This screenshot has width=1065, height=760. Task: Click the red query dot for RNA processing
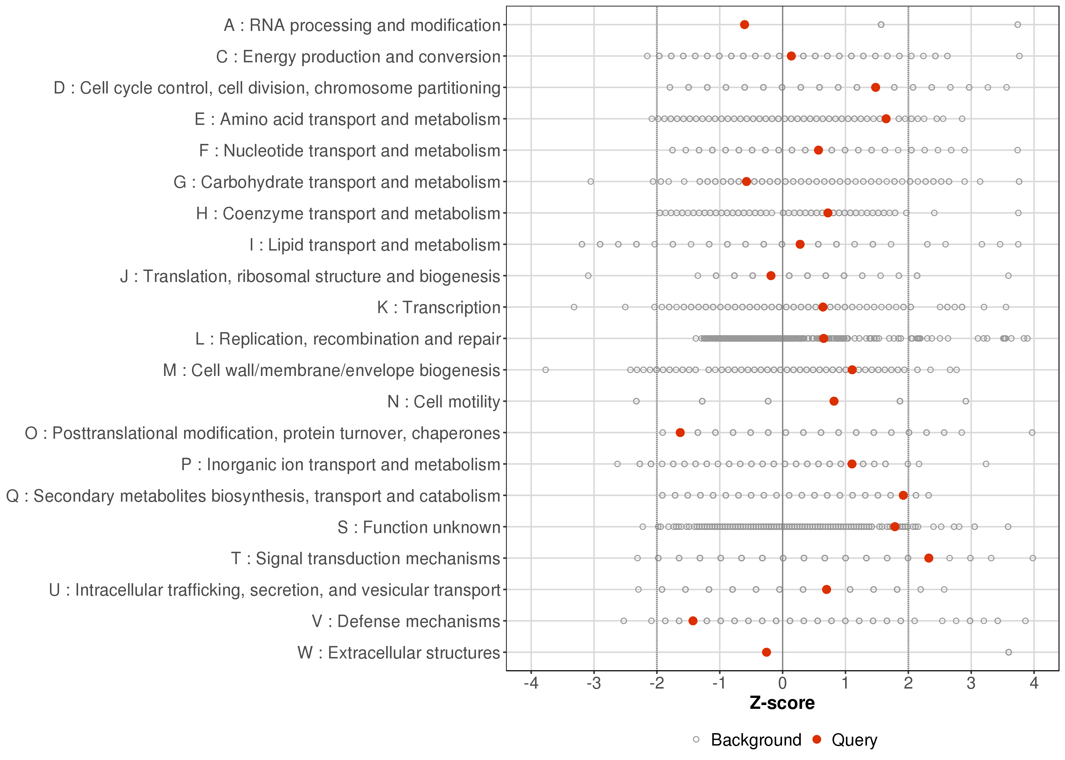(x=744, y=25)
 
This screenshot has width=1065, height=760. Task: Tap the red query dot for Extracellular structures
(x=766, y=652)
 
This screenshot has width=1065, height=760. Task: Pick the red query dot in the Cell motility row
(x=834, y=401)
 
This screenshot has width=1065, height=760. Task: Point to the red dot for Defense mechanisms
(x=693, y=621)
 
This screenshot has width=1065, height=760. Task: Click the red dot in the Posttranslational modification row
(x=680, y=432)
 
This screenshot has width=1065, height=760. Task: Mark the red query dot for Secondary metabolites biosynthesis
(x=903, y=495)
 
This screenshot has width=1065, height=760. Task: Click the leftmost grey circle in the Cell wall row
(x=545, y=370)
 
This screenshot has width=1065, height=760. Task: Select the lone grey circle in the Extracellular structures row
(x=1008, y=652)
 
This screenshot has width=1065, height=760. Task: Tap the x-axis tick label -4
(x=531, y=683)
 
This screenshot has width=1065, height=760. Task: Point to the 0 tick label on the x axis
(x=782, y=683)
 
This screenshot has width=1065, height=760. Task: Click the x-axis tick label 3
(x=971, y=683)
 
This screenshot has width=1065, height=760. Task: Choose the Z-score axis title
(x=782, y=703)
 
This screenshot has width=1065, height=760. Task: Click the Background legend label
(x=756, y=740)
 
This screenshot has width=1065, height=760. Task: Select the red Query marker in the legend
(x=817, y=739)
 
